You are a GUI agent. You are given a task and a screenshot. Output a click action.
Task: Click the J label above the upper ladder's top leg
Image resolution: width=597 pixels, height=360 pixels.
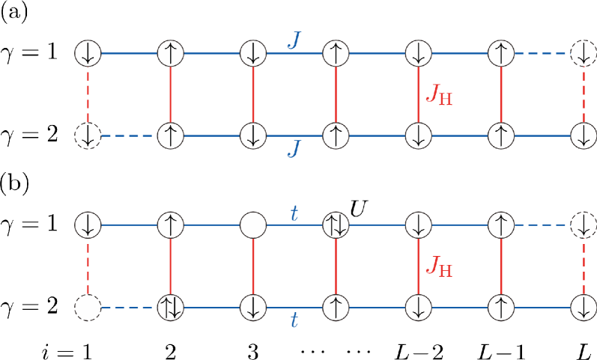tap(294, 40)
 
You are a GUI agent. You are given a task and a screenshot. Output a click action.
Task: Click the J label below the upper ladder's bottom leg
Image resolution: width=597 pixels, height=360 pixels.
tap(294, 149)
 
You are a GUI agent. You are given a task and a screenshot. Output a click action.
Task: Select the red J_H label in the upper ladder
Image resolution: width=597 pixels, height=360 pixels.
tap(438, 95)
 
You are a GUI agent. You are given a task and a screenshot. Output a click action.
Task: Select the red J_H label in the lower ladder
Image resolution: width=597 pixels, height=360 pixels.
tap(438, 266)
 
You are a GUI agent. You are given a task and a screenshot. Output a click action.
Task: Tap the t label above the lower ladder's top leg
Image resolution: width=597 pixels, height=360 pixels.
tap(294, 214)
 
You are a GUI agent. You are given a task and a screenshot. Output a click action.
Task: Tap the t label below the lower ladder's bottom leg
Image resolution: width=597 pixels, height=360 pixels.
tap(294, 321)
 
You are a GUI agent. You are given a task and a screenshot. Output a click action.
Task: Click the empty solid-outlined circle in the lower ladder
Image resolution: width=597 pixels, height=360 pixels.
tap(253, 225)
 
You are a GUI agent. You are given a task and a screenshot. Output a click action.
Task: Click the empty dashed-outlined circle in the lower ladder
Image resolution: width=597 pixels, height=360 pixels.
tap(88, 308)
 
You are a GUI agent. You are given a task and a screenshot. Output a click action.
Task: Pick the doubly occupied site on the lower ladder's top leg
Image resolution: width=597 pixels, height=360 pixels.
tap(336, 225)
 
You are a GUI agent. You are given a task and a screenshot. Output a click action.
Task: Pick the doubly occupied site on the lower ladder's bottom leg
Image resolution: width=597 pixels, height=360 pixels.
tap(171, 308)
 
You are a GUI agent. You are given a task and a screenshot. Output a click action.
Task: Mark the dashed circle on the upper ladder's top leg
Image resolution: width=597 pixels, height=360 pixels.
tap(583, 53)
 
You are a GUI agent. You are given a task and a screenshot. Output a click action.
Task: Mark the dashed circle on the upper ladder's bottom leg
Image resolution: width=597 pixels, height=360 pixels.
tap(88, 135)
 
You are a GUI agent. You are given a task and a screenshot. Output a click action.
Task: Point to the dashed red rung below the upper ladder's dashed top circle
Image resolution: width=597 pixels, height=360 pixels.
tap(583, 94)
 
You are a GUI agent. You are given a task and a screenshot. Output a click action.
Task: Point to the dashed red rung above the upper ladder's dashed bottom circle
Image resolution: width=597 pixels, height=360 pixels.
tap(88, 94)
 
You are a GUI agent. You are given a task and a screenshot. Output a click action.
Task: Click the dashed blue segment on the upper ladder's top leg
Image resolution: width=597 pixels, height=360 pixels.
tap(542, 53)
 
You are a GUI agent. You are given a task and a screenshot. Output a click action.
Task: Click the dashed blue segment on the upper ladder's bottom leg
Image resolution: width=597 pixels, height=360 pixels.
tap(129, 135)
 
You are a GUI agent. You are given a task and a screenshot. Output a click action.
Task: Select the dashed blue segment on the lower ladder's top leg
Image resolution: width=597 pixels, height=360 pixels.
tap(542, 225)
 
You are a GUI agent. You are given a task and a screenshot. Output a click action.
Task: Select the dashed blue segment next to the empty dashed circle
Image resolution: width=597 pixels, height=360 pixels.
tap(129, 308)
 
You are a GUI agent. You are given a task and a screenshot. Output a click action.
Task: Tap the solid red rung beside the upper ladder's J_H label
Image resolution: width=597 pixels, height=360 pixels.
tap(418, 94)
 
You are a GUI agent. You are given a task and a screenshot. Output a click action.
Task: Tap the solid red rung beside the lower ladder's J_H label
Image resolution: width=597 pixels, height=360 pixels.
tap(418, 266)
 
